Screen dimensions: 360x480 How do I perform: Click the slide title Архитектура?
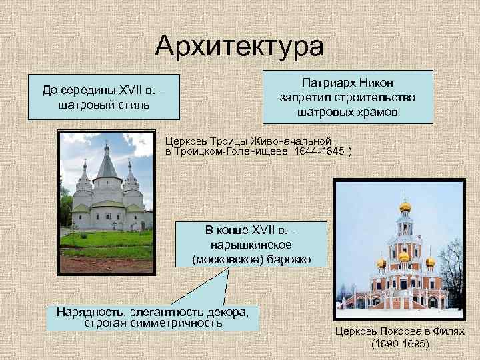click(x=239, y=46)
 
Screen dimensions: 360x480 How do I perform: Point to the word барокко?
click(x=284, y=259)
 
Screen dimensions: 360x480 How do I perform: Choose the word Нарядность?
click(x=89, y=311)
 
